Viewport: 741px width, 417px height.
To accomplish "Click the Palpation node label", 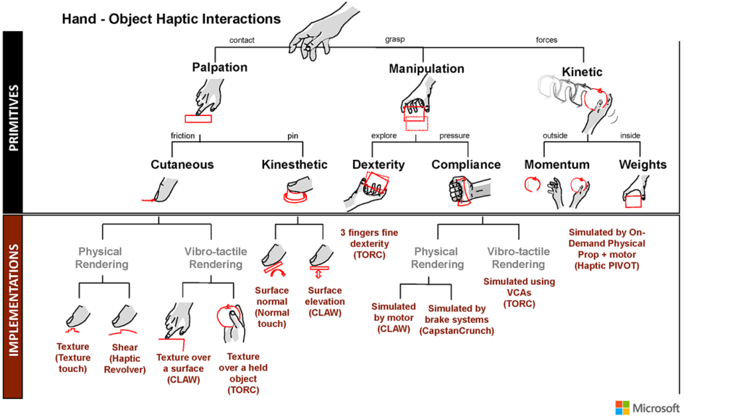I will [219, 67].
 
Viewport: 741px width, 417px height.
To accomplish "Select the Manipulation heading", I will [426, 69].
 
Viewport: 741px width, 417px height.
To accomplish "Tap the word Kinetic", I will [582, 72].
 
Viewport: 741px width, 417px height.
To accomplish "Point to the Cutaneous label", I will [182, 164].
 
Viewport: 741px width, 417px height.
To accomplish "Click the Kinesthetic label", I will [295, 164].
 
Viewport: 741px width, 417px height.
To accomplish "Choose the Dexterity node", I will [378, 164].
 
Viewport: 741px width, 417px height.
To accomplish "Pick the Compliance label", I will [466, 164].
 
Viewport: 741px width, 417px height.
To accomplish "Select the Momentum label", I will [557, 164].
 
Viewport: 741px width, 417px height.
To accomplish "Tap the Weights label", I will [642, 164].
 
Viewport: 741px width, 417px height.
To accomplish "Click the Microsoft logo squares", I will [622, 408].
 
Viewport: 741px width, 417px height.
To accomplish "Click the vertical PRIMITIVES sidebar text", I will [14, 119].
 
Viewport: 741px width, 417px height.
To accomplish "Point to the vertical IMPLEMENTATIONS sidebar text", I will [14, 307].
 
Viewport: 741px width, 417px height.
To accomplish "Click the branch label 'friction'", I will [183, 135].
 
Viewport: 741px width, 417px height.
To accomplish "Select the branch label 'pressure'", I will [454, 135].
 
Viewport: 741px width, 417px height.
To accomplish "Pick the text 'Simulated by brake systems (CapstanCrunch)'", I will [457, 319].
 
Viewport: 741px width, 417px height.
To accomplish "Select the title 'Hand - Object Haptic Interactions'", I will [171, 17].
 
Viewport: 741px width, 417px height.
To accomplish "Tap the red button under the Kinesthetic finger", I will [295, 195].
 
